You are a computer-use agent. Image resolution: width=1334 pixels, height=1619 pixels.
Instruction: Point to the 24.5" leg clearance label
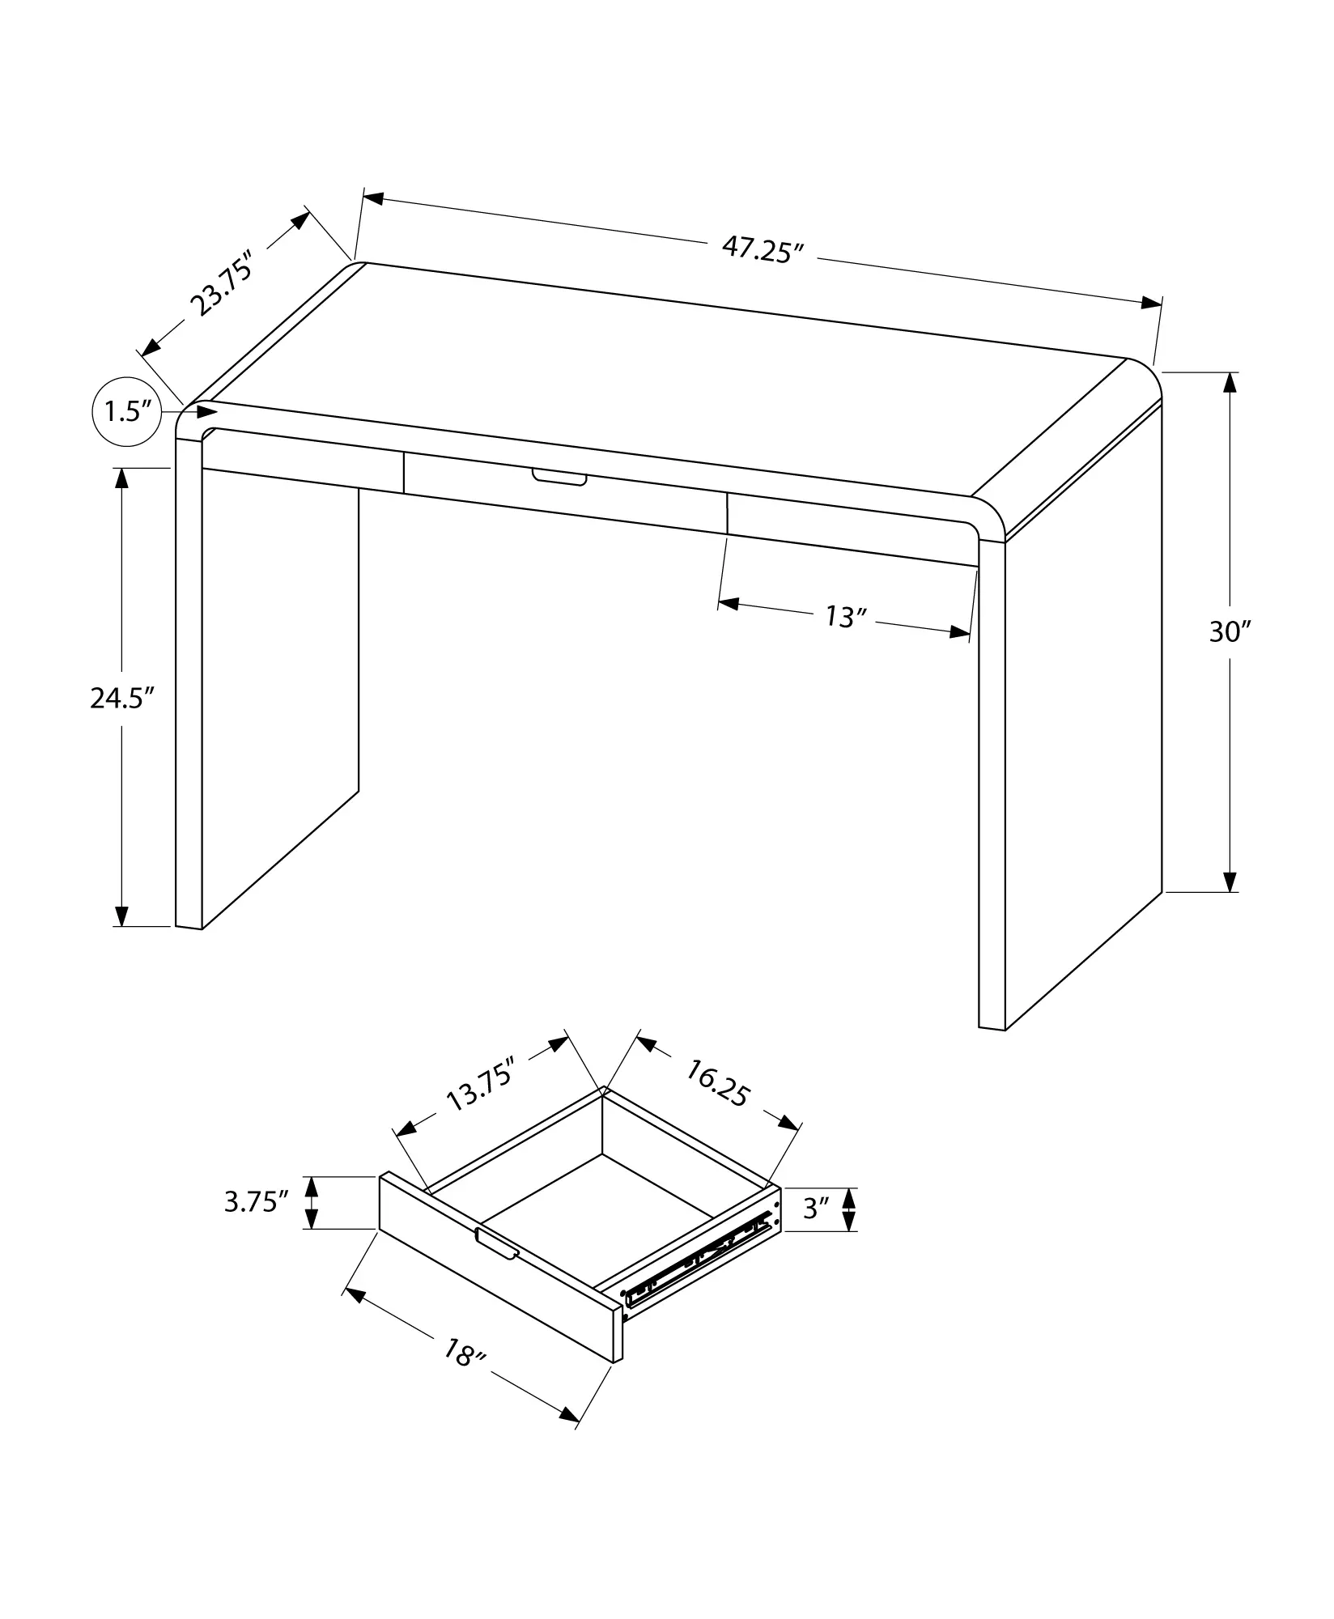tap(121, 698)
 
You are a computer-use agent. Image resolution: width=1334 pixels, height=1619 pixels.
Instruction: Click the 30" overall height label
tap(1230, 632)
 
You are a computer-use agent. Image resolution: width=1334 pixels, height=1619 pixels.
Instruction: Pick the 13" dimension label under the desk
tap(846, 618)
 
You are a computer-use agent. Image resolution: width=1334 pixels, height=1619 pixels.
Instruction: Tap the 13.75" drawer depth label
tap(481, 1088)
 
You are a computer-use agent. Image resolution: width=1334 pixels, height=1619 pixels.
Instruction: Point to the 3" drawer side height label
tap(817, 1232)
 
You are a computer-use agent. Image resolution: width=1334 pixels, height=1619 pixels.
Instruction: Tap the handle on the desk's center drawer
tap(559, 478)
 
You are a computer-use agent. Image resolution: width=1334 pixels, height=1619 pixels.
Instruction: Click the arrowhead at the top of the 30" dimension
tap(1230, 382)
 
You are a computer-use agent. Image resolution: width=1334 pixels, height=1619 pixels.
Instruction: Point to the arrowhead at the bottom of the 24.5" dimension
tap(121, 915)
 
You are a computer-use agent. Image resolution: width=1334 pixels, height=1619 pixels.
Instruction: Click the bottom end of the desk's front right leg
tap(992, 1028)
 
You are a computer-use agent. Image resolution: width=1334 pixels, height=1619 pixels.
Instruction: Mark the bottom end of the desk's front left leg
tap(188, 927)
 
